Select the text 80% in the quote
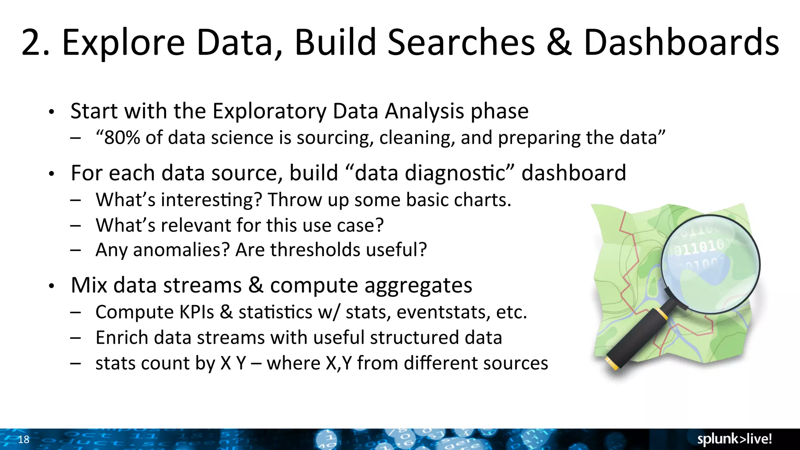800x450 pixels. click(122, 138)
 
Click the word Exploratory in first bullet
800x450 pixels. click(270, 111)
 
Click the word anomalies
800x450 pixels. click(181, 250)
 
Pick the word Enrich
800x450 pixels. click(121, 338)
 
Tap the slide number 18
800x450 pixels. click(24, 439)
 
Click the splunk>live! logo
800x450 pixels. click(734, 439)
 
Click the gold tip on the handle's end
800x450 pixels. click(612, 363)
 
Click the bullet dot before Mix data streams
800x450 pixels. click(51, 286)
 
